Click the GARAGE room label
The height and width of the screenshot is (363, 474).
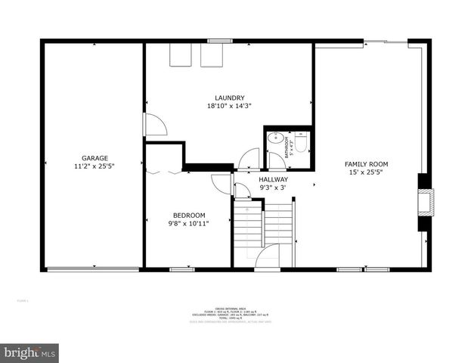94,158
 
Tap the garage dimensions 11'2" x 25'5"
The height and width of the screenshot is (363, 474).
94,166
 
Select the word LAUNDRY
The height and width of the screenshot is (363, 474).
229,98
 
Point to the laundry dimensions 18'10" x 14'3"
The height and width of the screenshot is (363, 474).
229,106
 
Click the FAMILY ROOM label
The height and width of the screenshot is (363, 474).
366,164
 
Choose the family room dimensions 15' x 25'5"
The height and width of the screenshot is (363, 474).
366,172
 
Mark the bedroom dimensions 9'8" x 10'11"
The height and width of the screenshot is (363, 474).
188,223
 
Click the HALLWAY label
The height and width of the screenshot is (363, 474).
273,179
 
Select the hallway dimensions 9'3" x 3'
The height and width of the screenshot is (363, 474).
273,188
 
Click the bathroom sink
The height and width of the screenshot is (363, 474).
274,139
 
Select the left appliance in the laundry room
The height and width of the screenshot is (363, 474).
181,55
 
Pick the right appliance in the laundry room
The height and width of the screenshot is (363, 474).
212,55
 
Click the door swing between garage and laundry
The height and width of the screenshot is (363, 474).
155,125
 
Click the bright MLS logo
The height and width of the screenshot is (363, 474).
29,352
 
